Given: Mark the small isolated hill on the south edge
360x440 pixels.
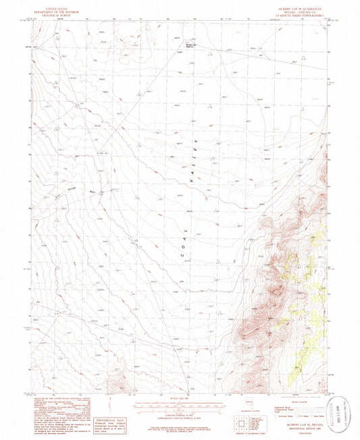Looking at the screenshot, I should pos(120,383).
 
